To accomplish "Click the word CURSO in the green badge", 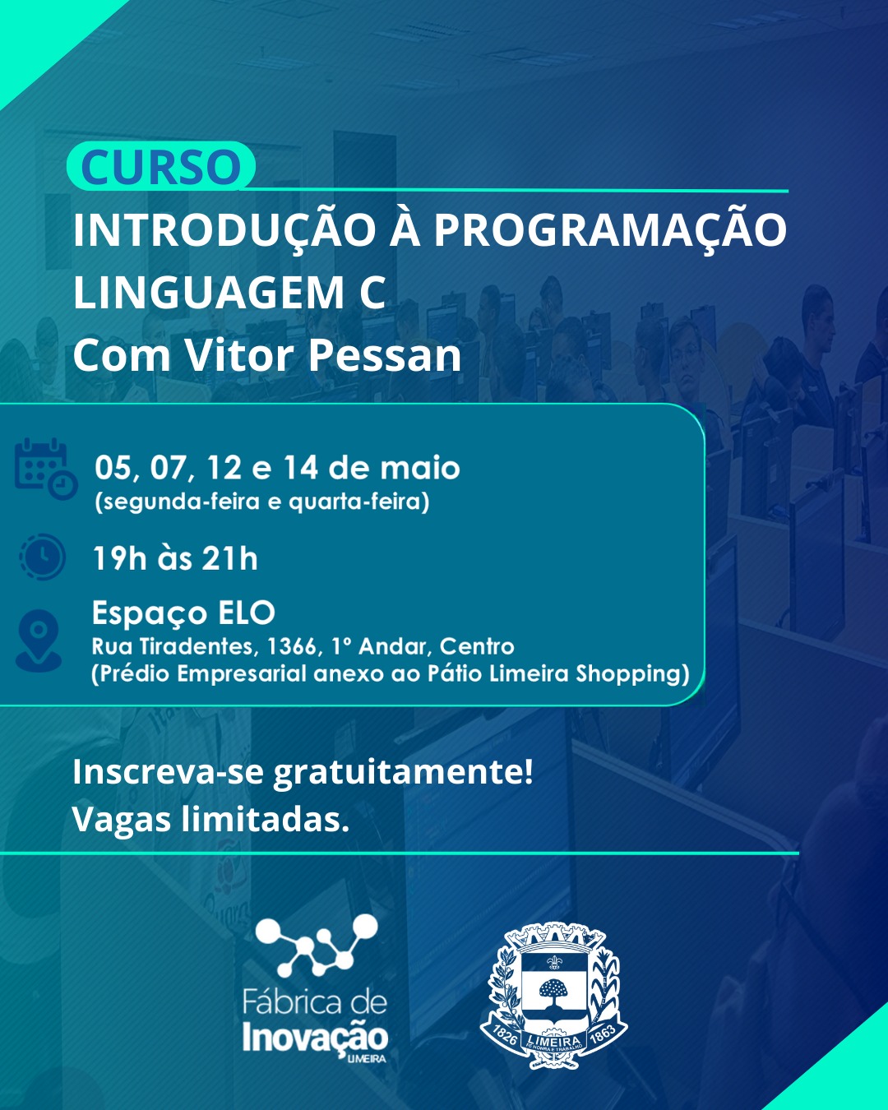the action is point(161,167).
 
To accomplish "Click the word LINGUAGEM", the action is point(209,293).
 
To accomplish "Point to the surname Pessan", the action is point(385,355).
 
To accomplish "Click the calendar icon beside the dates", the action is point(45,469).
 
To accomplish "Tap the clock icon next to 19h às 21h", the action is point(42,557).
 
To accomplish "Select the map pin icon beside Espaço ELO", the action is point(39,640).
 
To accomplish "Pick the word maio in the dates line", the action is point(419,468).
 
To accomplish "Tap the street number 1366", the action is point(291,646).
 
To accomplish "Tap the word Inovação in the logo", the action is point(315,1038).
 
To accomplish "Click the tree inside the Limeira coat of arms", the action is point(553,992).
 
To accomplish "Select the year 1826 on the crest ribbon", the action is point(505,1034).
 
